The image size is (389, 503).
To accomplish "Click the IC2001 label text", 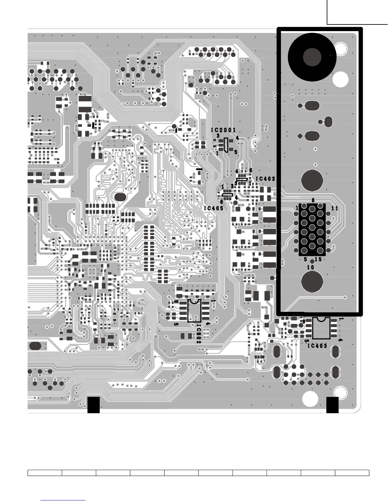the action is click(x=223, y=130).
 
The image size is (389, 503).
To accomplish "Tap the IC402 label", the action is click(x=265, y=179).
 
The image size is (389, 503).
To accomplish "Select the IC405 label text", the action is click(x=214, y=208).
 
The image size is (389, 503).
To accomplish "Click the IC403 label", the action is click(x=317, y=346).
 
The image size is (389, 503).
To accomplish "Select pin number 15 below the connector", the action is click(x=318, y=259).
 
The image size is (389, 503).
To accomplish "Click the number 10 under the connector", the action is click(x=311, y=267).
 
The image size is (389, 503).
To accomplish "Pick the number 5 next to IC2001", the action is click(x=235, y=152).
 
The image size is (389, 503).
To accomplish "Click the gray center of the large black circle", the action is click(x=312, y=57).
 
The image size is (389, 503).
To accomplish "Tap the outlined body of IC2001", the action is click(x=226, y=145).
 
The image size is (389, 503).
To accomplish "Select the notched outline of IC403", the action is click(x=321, y=328).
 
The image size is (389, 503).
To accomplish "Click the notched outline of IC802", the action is click(x=194, y=311).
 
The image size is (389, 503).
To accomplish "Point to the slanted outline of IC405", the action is click(x=227, y=194).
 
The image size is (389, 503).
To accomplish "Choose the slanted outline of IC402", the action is click(x=242, y=180).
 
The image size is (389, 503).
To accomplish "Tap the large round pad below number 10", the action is click(x=312, y=281).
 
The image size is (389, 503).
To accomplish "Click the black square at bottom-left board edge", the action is click(x=93, y=405).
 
